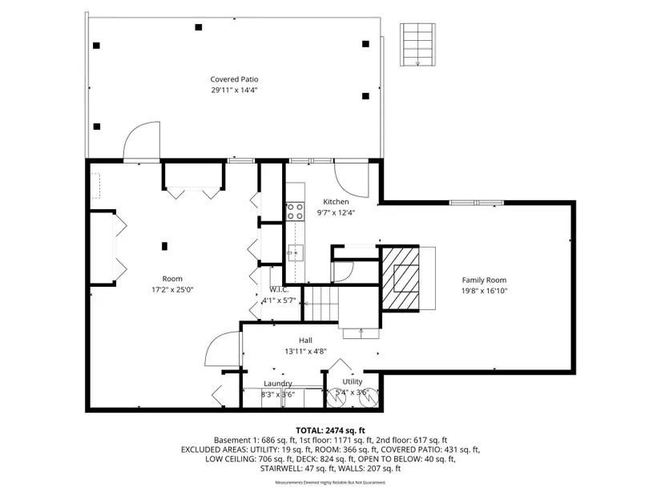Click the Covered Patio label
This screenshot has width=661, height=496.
click(x=234, y=79)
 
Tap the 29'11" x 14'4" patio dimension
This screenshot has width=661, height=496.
click(x=234, y=90)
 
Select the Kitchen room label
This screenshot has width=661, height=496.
click(x=336, y=202)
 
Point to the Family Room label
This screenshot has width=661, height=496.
click(x=484, y=280)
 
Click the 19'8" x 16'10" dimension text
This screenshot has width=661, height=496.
click(x=484, y=291)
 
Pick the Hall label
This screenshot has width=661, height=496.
click(x=305, y=341)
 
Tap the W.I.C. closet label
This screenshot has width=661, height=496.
click(x=279, y=290)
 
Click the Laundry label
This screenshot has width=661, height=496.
click(x=278, y=383)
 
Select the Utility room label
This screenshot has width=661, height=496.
click(x=353, y=381)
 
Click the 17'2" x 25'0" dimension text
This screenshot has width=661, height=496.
click(x=172, y=290)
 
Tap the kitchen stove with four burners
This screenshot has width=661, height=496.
click(x=295, y=212)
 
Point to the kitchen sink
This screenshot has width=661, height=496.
click(x=296, y=253)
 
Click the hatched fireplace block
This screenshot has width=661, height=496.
click(x=400, y=278)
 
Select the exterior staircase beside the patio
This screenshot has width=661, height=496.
click(x=417, y=45)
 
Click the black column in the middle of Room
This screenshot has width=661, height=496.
click(x=164, y=246)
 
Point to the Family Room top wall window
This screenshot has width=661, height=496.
click(x=477, y=203)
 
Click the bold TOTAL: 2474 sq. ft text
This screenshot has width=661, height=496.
click(x=330, y=430)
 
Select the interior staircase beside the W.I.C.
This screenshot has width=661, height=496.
click(x=321, y=303)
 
